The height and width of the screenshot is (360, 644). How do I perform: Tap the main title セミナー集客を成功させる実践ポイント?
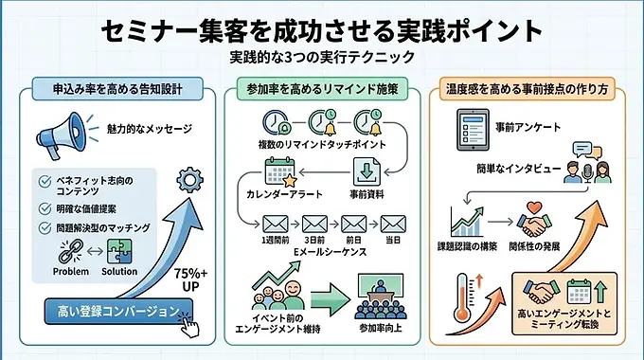(322, 30)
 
